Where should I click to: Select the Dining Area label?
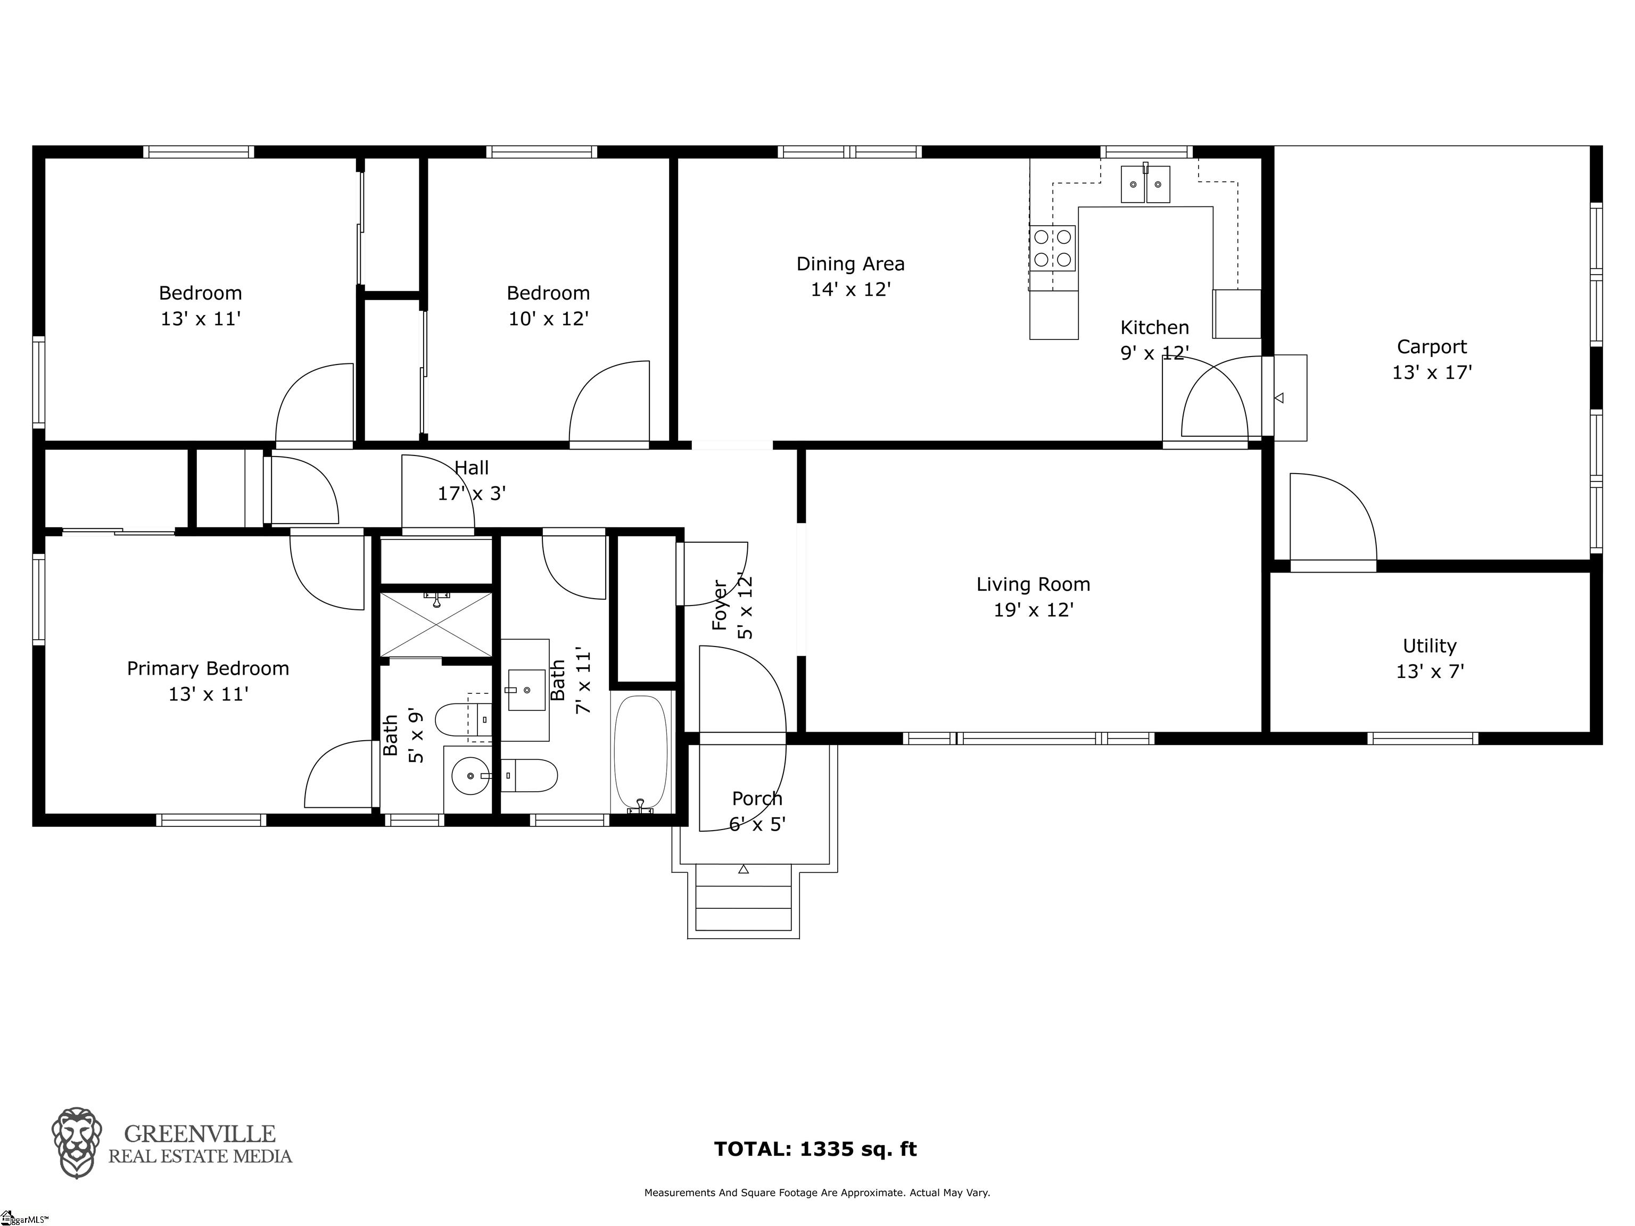coord(850,276)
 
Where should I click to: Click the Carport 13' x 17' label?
coord(1432,359)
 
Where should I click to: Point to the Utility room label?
coord(1430,658)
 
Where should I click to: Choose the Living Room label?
coord(1034,597)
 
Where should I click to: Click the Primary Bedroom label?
coord(208,681)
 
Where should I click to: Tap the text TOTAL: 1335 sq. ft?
coord(815,1149)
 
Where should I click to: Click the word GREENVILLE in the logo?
coord(200,1133)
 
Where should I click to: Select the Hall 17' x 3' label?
coord(472,481)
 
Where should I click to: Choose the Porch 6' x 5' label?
coord(757,811)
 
